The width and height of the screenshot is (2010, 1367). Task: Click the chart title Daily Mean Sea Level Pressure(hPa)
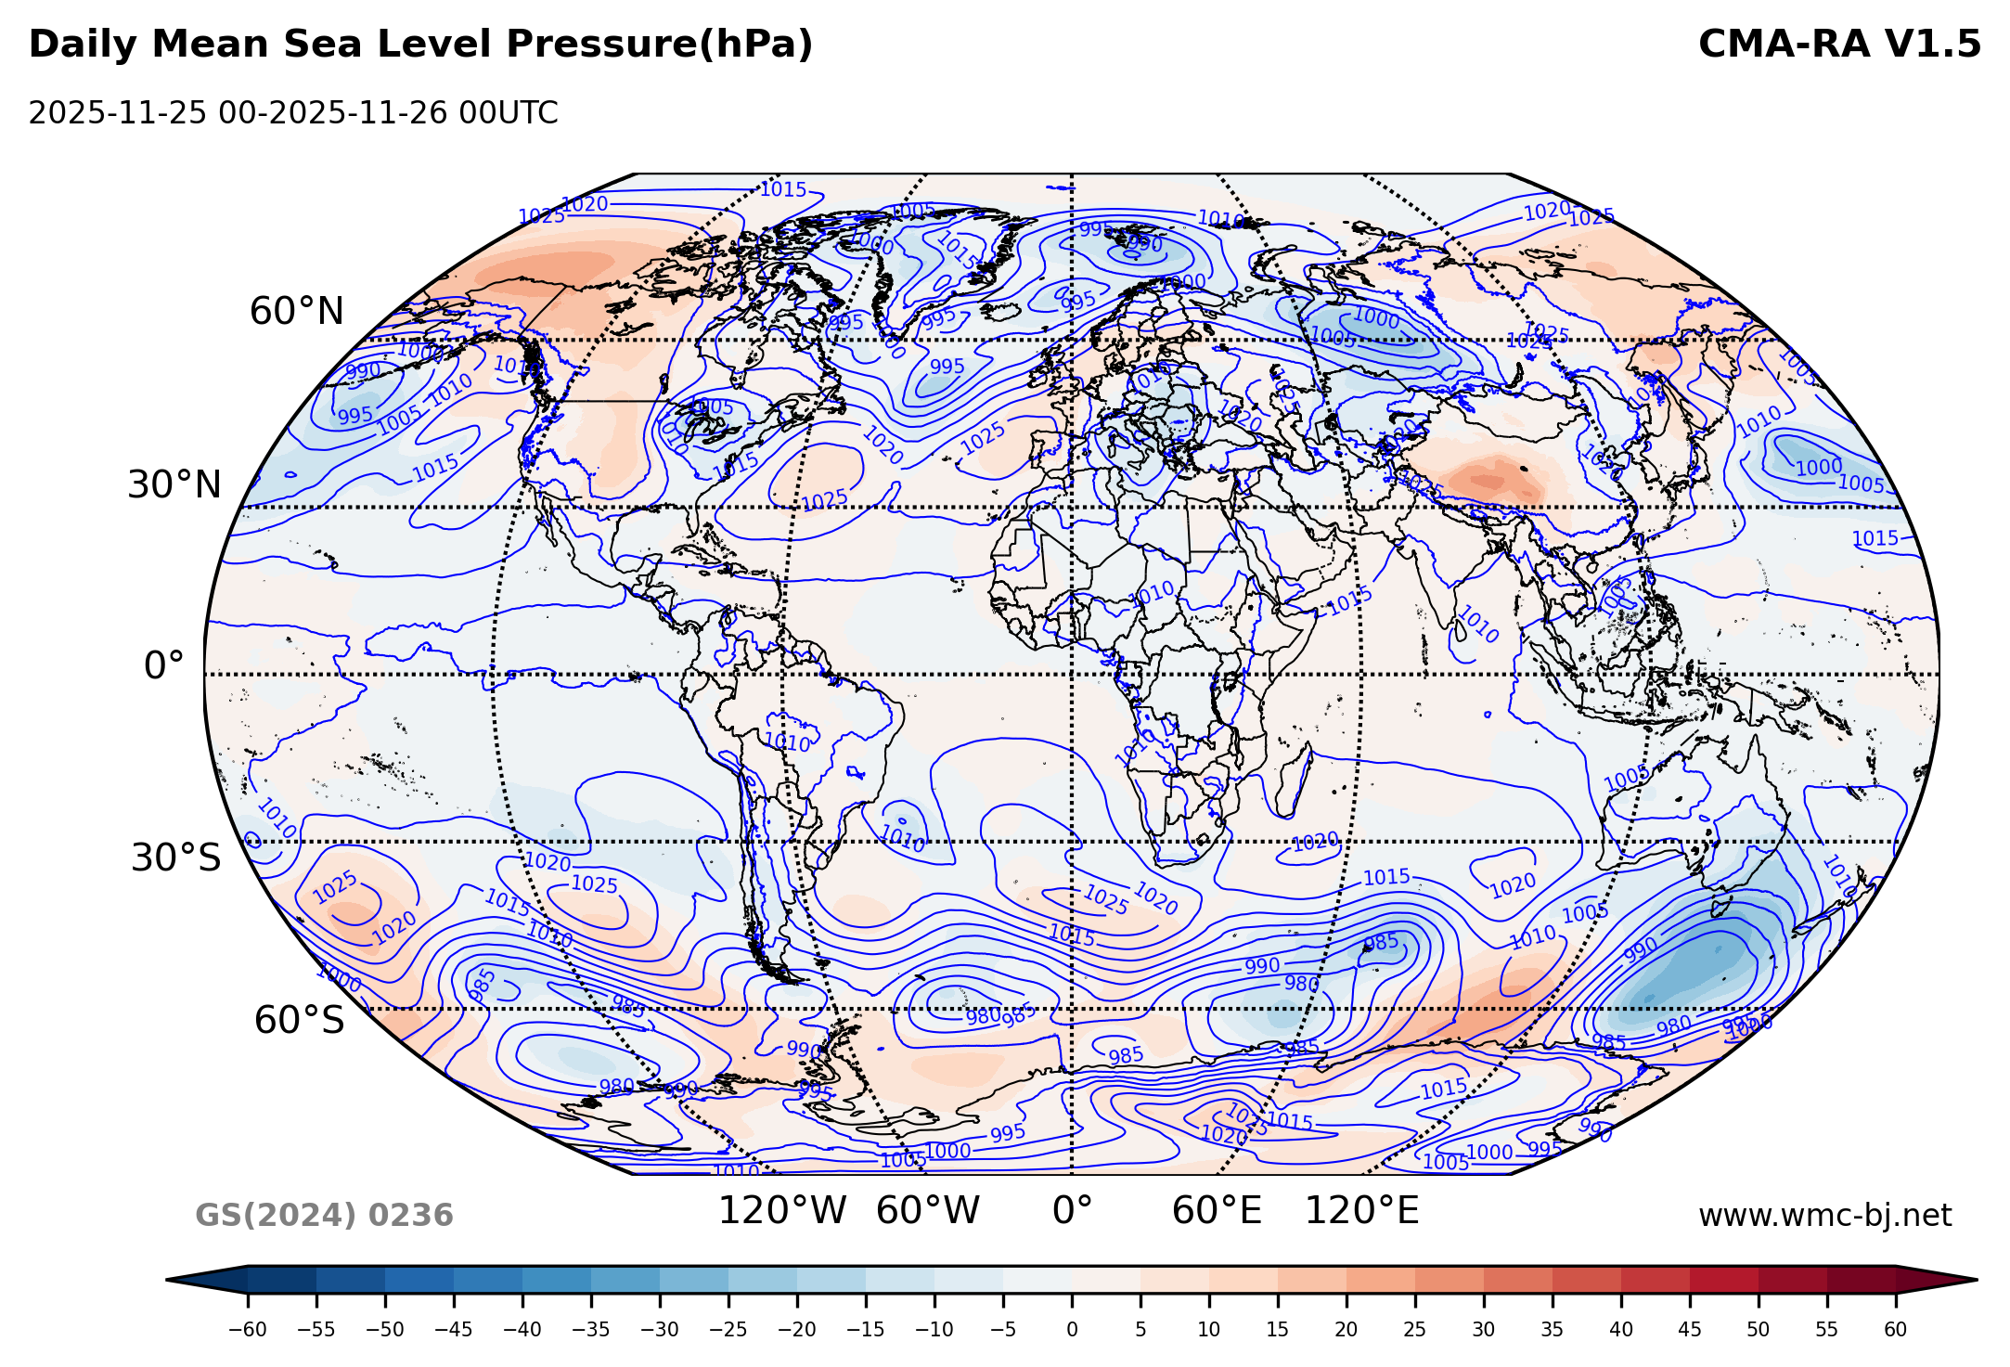420,45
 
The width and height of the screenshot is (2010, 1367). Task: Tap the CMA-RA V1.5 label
1839,45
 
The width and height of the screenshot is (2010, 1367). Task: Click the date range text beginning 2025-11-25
293,113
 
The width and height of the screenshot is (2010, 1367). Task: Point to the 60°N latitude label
297,312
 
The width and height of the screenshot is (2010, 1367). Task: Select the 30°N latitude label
174,485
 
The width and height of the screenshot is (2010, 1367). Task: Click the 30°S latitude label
176,858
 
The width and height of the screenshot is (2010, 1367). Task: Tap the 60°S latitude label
299,1021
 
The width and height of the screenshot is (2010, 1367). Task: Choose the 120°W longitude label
782,1211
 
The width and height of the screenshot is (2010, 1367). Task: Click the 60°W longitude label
927,1211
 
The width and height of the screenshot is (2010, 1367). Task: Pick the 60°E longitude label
1217,1211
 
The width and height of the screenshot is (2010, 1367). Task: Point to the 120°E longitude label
1361,1211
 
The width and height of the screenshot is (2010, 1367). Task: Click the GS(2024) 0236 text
324,1216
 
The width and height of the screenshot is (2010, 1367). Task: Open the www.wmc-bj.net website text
1824,1216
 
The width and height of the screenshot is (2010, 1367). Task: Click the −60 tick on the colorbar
248,1330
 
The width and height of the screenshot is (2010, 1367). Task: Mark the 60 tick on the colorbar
1895,1330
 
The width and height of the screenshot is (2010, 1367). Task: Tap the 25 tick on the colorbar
1414,1330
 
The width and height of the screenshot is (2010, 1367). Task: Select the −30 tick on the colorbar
660,1330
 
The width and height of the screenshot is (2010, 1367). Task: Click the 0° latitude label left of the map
163,666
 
